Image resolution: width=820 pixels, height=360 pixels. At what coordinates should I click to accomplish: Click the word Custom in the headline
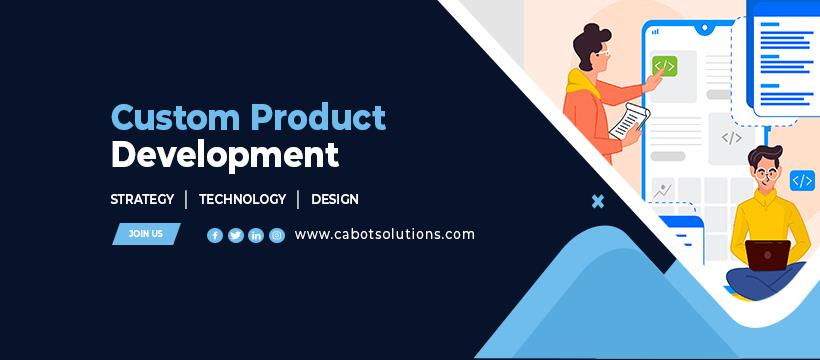pos(176,117)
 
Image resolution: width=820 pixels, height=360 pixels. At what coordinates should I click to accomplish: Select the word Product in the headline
pos(318,117)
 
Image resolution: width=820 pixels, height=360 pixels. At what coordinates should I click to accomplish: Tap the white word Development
pos(225,155)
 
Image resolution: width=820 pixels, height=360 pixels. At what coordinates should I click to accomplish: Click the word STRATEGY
pos(142,199)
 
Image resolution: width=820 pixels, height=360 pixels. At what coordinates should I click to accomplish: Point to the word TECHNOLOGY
pos(243,199)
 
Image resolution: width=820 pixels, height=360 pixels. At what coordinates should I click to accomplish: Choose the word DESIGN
pos(335,199)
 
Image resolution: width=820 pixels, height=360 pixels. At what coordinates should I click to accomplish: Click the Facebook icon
pos(215,235)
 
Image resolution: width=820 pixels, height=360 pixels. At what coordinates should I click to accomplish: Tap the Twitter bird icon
pos(236,235)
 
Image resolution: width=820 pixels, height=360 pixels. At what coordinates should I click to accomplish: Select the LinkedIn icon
pos(256,235)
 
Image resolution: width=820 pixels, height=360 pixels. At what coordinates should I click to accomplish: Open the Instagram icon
pos(277,235)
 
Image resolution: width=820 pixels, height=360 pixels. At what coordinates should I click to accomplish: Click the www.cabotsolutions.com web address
pos(385,234)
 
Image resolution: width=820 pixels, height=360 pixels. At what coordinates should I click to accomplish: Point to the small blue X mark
pos(598,201)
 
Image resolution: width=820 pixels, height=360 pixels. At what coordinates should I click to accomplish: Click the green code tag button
pos(665,66)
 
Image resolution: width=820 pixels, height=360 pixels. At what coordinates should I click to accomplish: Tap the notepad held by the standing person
pos(630,121)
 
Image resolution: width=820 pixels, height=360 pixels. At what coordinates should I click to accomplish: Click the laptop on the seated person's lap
pos(768,255)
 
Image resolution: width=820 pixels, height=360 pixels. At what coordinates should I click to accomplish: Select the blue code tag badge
pos(802,181)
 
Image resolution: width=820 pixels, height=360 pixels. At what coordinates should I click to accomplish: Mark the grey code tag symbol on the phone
pos(732,138)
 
